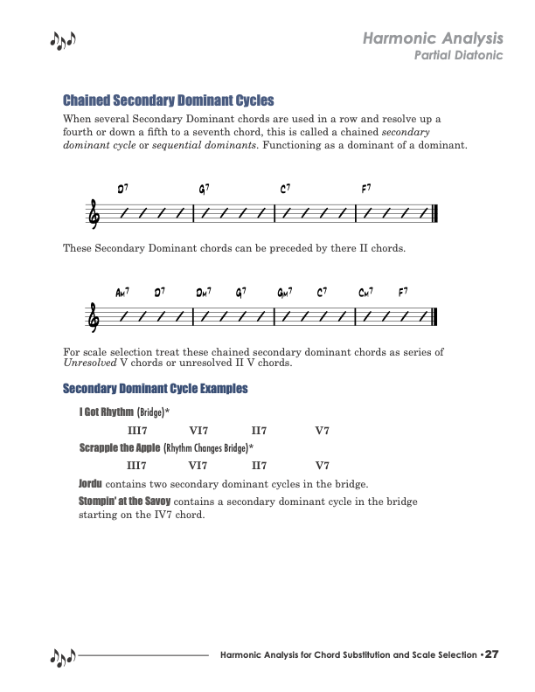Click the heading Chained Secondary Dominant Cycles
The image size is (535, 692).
coord(169,100)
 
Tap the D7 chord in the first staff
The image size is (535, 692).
coord(123,189)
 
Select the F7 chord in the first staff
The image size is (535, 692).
coord(366,189)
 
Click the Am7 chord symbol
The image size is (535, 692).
coord(122,293)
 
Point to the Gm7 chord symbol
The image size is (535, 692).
coord(284,293)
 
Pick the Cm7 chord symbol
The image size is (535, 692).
coord(365,293)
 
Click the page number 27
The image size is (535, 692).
coord(491,654)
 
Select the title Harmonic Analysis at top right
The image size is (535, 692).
coord(433,38)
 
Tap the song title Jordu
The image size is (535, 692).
coord(91,483)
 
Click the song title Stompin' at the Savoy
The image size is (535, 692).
coord(126,501)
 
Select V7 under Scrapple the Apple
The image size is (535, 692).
coord(323,466)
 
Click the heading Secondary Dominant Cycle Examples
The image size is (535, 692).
coord(156,388)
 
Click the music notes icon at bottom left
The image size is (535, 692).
coord(63,656)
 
